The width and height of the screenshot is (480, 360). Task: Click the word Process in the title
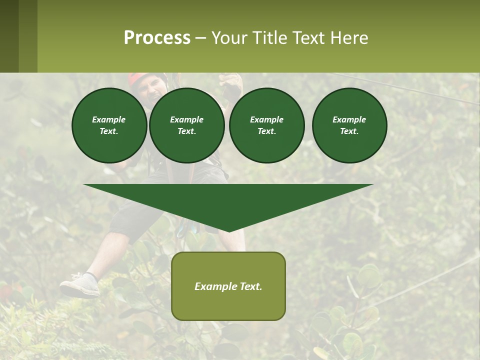pyautogui.click(x=157, y=38)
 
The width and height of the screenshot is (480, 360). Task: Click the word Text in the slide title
pyautogui.click(x=310, y=38)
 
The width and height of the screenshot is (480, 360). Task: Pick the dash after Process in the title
pyautogui.click(x=200, y=38)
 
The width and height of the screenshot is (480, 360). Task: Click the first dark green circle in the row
pyautogui.click(x=109, y=125)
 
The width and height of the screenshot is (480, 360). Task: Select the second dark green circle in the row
pyautogui.click(x=186, y=125)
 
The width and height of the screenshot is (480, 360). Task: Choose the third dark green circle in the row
pyautogui.click(x=266, y=125)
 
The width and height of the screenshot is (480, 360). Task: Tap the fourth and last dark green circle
pyautogui.click(x=349, y=125)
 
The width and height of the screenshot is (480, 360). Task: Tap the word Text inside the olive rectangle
pyautogui.click(x=251, y=286)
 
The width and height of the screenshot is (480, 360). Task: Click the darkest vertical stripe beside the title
pyautogui.click(x=9, y=36)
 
